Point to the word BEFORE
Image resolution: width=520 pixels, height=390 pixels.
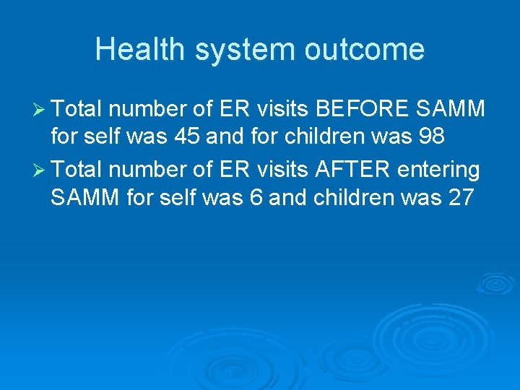pyautogui.click(x=365, y=110)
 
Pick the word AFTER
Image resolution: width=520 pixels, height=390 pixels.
pyautogui.click(x=350, y=170)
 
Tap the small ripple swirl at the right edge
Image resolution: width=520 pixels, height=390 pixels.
pyautogui.click(x=495, y=283)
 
